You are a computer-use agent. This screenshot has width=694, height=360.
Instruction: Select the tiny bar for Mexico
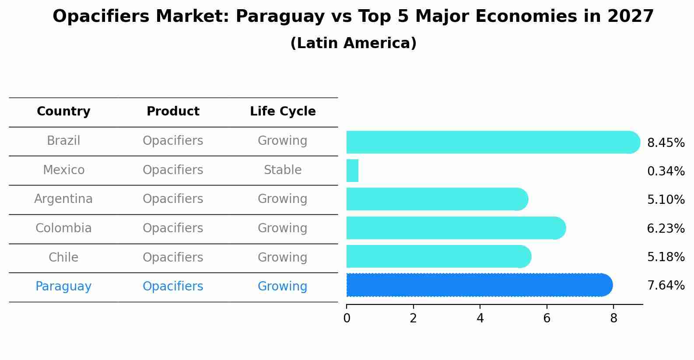coord(352,171)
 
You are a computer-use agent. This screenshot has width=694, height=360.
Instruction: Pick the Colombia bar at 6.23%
coord(455,228)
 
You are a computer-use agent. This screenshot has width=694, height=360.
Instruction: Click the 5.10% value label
coord(666,200)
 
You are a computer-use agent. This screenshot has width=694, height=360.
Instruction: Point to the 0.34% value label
coord(666,171)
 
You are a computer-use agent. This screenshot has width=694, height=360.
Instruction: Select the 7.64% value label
coord(666,286)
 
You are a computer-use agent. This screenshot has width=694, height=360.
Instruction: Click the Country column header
coord(63,112)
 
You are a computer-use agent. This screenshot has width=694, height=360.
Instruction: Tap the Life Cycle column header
coord(283,112)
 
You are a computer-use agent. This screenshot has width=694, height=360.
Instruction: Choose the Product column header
coord(173,112)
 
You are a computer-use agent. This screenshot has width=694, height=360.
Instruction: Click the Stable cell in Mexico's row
coord(283,170)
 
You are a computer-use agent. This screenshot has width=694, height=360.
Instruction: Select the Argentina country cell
coord(63,199)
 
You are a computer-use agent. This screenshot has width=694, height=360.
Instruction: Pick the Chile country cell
coord(63,257)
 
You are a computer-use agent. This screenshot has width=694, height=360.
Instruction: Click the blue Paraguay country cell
coord(63,287)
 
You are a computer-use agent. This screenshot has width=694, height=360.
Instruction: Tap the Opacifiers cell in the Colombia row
coord(173,228)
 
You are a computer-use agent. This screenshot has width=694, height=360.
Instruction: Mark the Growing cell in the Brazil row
coord(283,141)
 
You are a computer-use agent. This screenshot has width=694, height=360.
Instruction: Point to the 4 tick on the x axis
coord(480,318)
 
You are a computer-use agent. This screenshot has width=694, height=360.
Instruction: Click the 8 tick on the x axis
coord(613,318)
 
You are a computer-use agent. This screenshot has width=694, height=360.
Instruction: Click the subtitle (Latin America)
coord(353,43)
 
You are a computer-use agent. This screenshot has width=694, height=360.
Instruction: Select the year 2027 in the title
coord(630,17)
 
